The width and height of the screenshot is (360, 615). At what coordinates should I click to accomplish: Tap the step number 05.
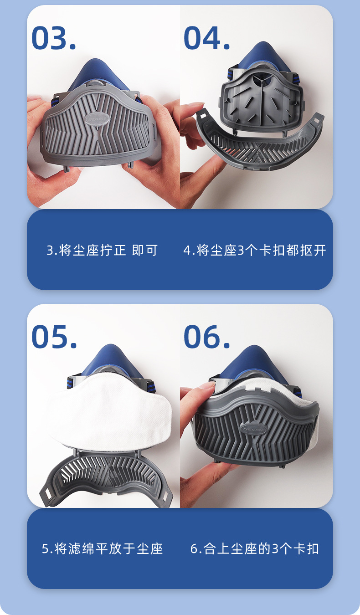(54, 337)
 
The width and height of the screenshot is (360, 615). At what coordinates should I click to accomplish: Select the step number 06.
(206, 337)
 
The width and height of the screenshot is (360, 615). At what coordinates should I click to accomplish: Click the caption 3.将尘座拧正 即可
(102, 250)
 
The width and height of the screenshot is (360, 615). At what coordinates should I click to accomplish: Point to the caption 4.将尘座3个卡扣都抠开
(255, 250)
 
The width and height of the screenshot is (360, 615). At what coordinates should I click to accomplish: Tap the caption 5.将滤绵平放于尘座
(102, 548)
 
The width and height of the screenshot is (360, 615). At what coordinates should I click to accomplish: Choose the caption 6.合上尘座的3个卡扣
(255, 548)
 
